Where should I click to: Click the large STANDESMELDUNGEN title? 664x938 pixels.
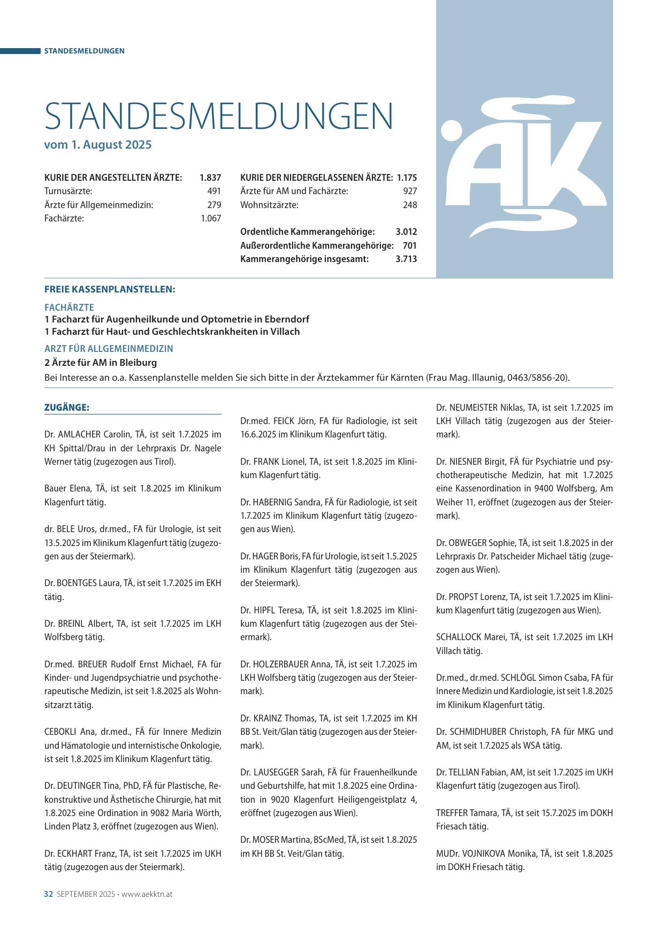[x=218, y=116]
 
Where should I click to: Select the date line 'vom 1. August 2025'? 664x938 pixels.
[x=98, y=145]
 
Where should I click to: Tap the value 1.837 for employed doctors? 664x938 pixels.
[x=210, y=178]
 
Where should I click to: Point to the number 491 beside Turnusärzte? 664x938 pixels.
[x=214, y=191]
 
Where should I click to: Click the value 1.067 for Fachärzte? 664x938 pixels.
[x=211, y=218]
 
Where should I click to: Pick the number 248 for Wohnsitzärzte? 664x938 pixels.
[x=410, y=205]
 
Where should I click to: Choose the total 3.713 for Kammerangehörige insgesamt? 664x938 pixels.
[x=406, y=259]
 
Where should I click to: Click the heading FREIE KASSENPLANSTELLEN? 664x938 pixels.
[x=110, y=290]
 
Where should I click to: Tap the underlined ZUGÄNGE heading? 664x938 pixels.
[x=67, y=408]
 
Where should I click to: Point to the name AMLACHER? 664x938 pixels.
[x=82, y=435]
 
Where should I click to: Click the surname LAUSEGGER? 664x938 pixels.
[x=278, y=772]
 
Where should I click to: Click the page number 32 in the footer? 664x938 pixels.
[x=48, y=894]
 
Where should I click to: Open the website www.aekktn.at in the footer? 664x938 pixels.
[x=147, y=894]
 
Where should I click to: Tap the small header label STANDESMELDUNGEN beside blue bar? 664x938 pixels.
[x=84, y=51]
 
